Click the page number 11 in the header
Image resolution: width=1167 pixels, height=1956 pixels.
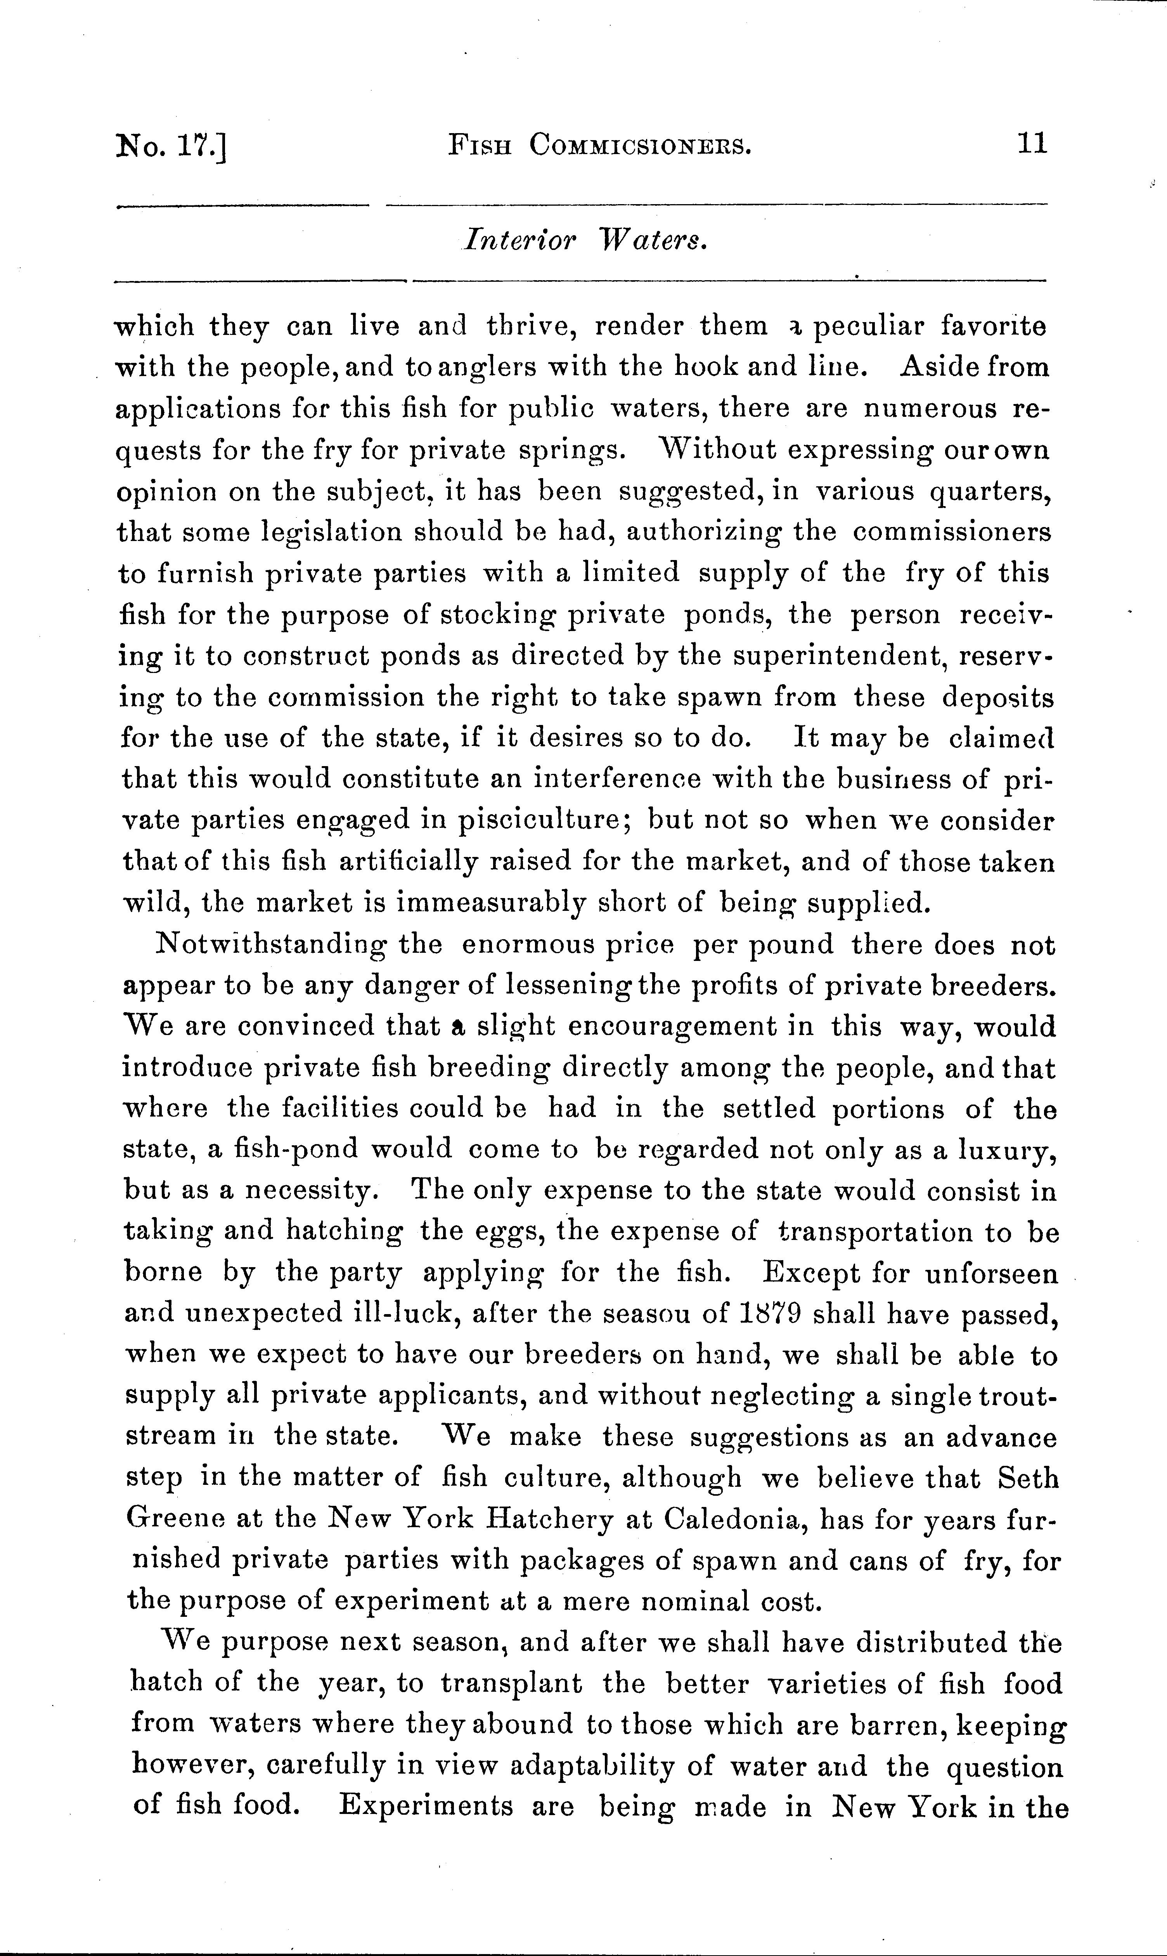1032,144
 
